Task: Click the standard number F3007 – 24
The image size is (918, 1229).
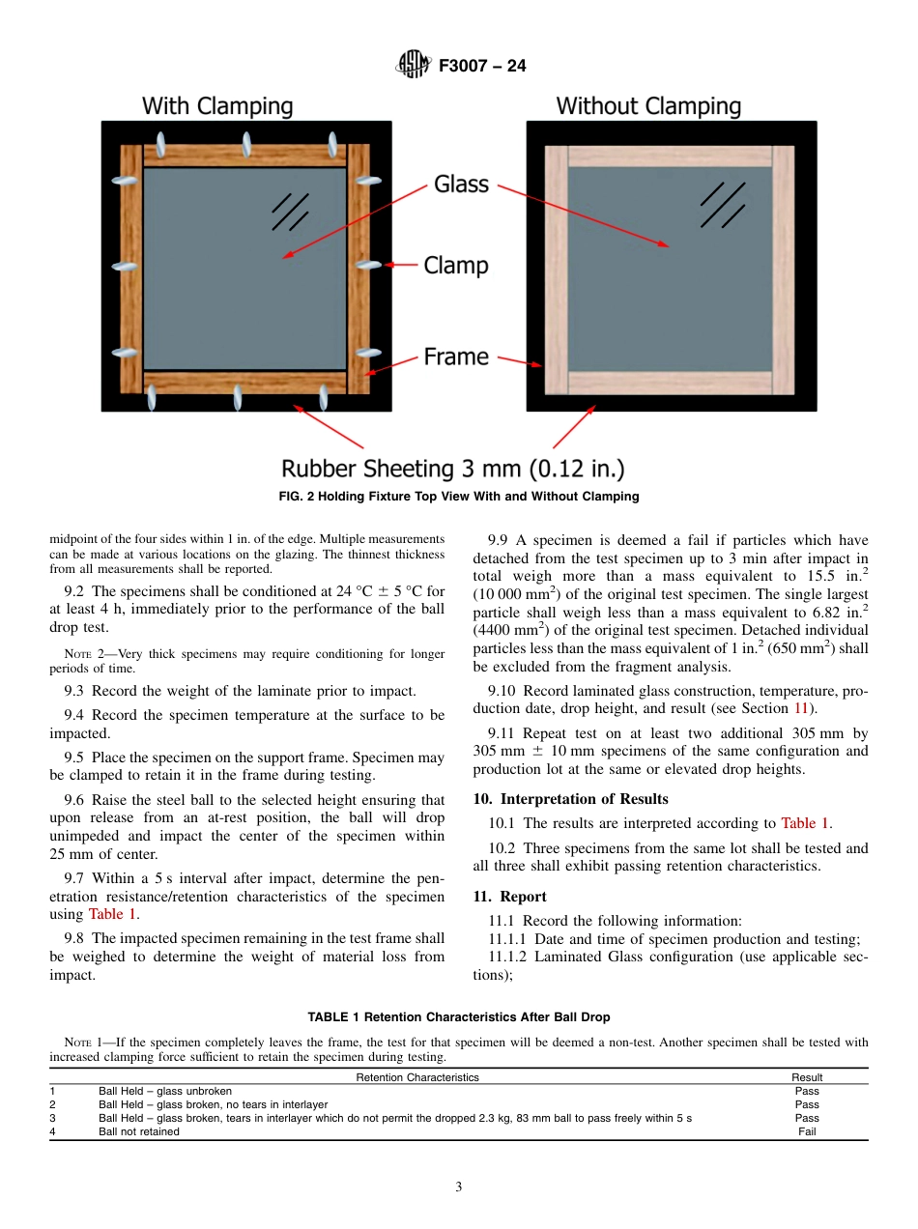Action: [482, 67]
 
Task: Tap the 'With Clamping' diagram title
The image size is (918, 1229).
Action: [217, 106]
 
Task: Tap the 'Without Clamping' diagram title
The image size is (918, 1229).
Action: [648, 106]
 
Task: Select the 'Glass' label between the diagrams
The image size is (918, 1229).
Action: [461, 184]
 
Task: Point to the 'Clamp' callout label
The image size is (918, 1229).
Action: [456, 266]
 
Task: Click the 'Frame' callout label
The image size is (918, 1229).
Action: [456, 357]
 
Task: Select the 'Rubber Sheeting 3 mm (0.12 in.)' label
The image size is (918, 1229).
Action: [452, 470]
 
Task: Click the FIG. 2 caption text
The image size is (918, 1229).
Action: [459, 497]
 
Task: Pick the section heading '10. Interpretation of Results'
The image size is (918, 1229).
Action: [570, 799]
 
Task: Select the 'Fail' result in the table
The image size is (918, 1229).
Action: [807, 1131]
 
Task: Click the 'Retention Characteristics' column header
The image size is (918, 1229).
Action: [417, 1077]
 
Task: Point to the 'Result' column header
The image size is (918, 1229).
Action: [807, 1077]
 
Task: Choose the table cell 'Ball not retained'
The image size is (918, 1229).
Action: [139, 1131]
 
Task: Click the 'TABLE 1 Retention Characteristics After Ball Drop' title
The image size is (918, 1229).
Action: [459, 1017]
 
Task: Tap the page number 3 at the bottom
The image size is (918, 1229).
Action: [459, 1187]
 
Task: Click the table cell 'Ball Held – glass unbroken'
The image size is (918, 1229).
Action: [165, 1091]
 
